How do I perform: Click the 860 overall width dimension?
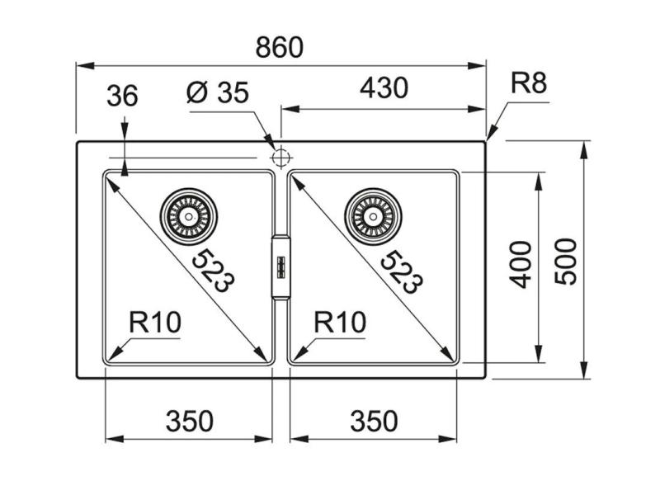click(x=280, y=47)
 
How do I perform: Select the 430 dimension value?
click(x=384, y=87)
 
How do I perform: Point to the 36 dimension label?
click(x=122, y=96)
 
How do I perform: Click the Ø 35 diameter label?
click(x=217, y=93)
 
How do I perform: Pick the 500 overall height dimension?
click(x=564, y=261)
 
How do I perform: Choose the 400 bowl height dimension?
click(x=519, y=264)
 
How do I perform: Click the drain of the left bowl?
click(x=190, y=216)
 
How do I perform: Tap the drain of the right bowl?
click(x=376, y=216)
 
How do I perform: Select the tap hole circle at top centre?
click(x=280, y=156)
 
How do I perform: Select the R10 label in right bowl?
click(x=339, y=322)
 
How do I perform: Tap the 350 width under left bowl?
click(x=189, y=421)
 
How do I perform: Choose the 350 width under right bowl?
click(x=374, y=421)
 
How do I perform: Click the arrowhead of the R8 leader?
click(x=490, y=136)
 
